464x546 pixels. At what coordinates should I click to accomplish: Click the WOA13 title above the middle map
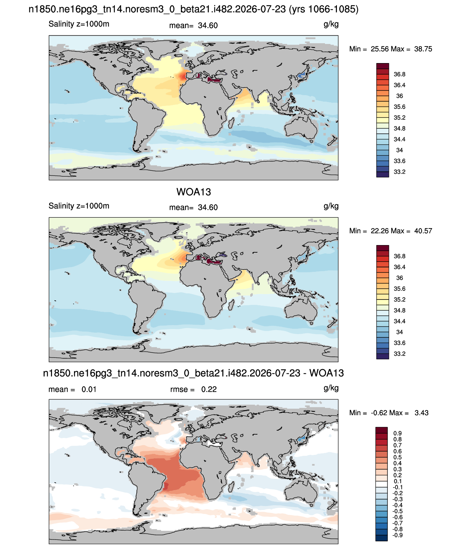tap(194, 192)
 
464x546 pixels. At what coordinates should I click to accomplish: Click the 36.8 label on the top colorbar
tap(399, 74)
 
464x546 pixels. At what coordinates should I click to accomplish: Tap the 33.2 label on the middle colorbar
tap(399, 354)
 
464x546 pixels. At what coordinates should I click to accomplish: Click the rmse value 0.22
tap(209, 389)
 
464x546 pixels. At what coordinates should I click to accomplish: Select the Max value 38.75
tap(423, 49)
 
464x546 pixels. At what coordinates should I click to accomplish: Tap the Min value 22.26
tap(380, 231)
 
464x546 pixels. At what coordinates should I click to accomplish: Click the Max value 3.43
tap(421, 413)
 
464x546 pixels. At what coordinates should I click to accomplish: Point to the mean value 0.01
tap(89, 389)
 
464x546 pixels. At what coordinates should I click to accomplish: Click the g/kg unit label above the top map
tap(331, 25)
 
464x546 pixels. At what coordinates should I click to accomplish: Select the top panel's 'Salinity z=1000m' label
tap(79, 24)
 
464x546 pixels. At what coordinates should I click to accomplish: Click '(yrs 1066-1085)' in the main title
tap(324, 9)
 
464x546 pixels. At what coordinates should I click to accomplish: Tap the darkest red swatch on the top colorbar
tap(382, 66)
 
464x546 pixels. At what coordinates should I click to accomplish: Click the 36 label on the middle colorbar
tap(399, 278)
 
